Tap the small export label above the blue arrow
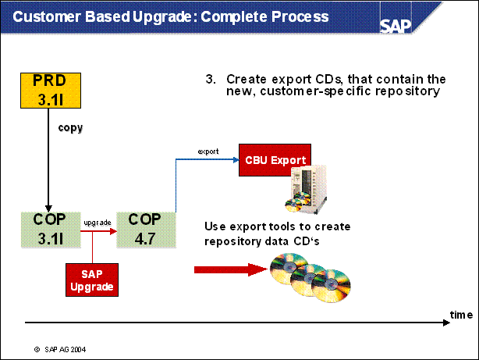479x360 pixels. coord(208,151)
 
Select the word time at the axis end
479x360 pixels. coord(460,314)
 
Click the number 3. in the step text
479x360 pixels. coord(210,80)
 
